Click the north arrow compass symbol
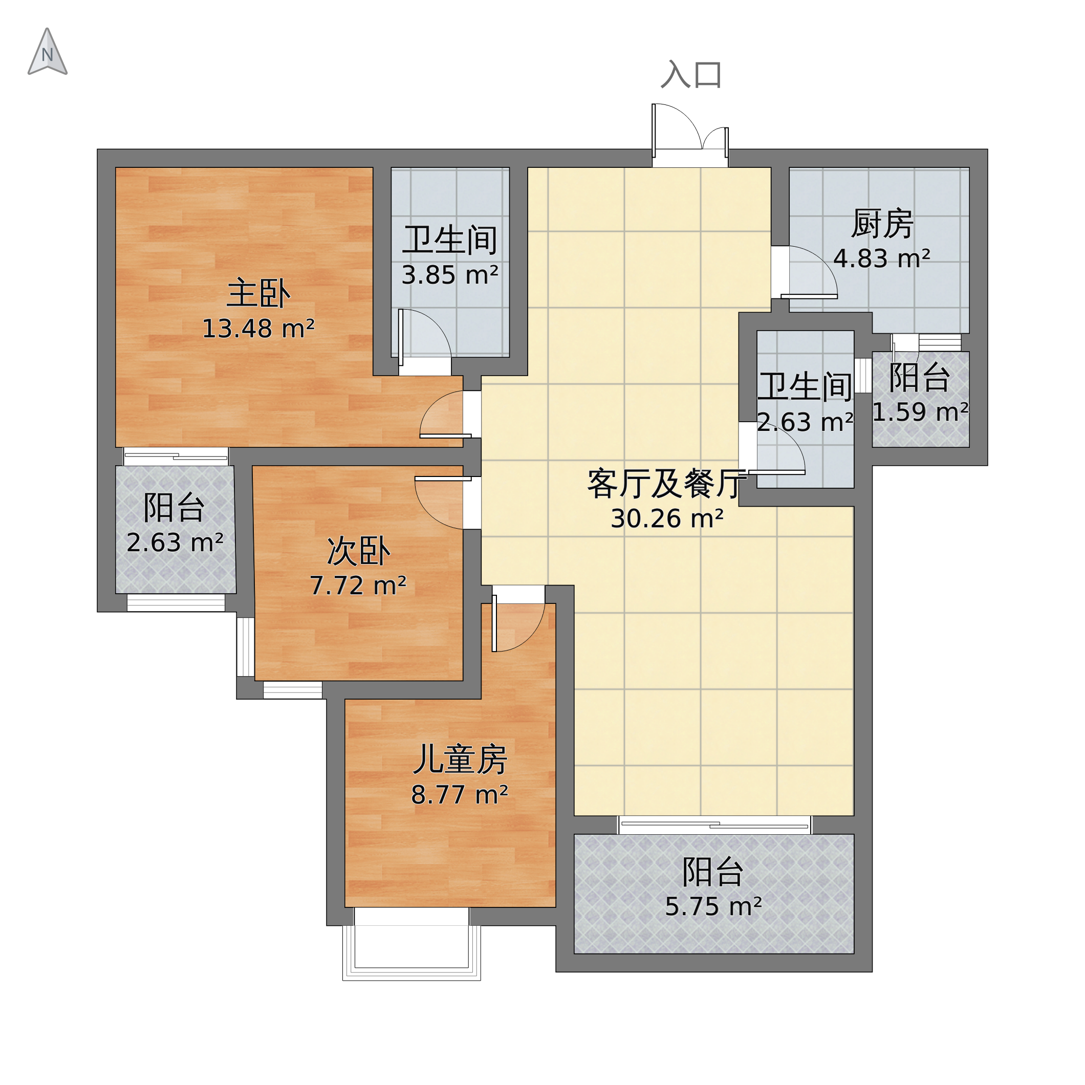click(47, 53)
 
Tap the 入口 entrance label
click(691, 75)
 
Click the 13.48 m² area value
click(258, 329)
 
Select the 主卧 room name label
click(258, 294)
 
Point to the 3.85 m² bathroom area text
click(450, 276)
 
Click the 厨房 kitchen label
click(882, 224)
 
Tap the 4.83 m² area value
click(882, 259)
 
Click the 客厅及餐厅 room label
click(667, 484)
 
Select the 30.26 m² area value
click(667, 519)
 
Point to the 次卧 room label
click(358, 552)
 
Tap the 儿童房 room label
click(460, 761)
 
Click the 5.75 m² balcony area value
click(713, 907)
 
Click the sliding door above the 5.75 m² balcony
click(714, 825)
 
